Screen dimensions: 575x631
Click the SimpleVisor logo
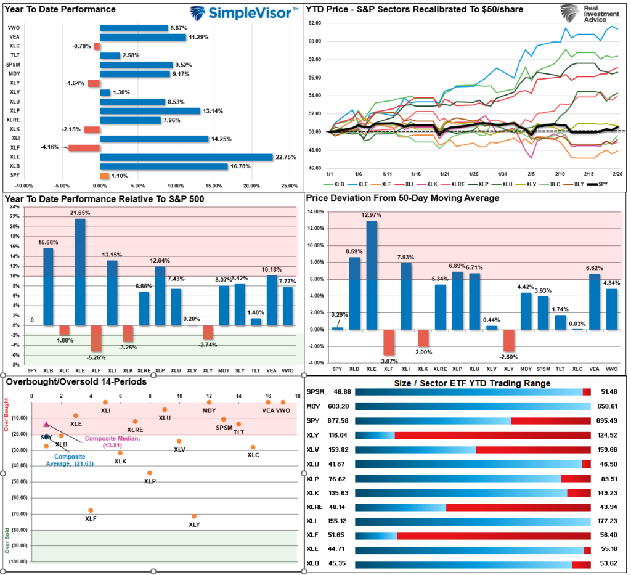(242, 13)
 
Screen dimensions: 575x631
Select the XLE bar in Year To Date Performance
(186, 157)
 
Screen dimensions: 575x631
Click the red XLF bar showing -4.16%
(84, 148)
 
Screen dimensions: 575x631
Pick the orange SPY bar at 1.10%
(104, 176)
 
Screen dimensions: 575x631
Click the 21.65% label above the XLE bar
(79, 213)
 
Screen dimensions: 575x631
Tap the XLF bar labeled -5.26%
(96, 338)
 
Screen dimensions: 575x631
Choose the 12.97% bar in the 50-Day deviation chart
(372, 275)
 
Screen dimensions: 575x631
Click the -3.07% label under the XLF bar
(388, 361)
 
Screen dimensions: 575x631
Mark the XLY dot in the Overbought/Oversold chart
(194, 516)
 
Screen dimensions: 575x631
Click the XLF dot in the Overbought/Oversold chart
(91, 510)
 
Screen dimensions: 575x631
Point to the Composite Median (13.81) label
(104, 441)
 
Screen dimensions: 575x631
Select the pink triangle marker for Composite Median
(46, 424)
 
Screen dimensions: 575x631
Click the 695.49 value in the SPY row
(607, 421)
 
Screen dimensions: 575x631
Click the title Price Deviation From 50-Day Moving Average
(402, 198)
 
